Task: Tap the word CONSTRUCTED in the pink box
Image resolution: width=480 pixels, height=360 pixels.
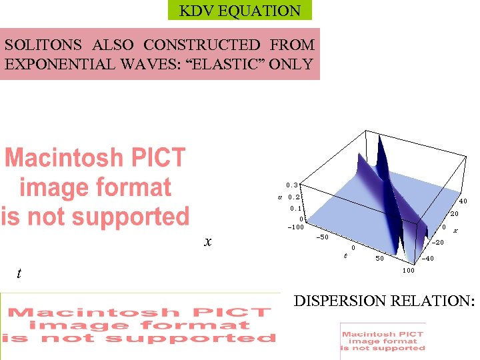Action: (x=202, y=45)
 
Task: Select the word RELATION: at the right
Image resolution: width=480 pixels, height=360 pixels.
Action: (x=435, y=301)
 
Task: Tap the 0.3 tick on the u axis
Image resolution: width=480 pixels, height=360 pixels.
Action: (x=292, y=185)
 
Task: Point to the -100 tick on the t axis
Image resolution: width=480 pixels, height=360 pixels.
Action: (x=295, y=227)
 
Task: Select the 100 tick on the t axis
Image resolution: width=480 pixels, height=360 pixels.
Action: (x=408, y=270)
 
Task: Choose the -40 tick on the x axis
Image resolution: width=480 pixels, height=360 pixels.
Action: (x=429, y=259)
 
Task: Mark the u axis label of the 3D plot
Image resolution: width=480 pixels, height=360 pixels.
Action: (x=280, y=197)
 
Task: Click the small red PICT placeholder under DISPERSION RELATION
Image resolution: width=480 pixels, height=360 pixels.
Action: (x=383, y=341)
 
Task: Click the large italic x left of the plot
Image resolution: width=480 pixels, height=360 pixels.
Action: (x=208, y=242)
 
